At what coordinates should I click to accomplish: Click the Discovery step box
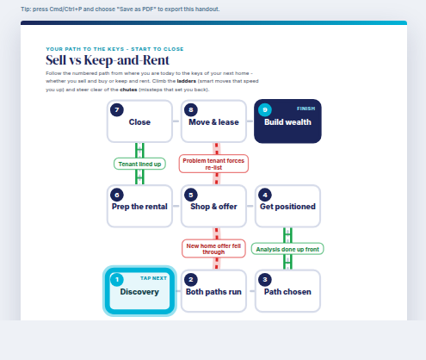click(139, 291)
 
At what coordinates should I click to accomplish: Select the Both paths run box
click(213, 291)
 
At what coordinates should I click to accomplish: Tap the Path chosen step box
click(287, 291)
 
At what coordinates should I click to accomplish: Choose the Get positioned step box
click(287, 206)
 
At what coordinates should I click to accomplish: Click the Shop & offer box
click(213, 206)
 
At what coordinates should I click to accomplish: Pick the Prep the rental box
click(139, 206)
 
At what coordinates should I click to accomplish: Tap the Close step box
click(139, 121)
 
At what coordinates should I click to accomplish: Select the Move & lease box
click(213, 121)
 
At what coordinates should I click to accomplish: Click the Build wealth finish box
click(287, 121)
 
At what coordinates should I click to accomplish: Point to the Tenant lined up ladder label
click(139, 164)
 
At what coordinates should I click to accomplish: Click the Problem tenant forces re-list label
click(213, 164)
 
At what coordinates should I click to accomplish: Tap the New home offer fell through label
click(213, 249)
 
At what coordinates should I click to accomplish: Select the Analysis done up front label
click(287, 249)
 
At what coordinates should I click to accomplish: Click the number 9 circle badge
click(265, 110)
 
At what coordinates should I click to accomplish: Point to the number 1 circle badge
click(117, 280)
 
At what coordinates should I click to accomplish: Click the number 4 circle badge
click(265, 195)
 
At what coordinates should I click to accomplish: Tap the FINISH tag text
click(306, 109)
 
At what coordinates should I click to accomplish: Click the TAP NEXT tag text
click(153, 278)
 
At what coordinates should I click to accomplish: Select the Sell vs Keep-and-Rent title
click(108, 60)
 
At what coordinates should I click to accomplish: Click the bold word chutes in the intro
click(128, 90)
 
